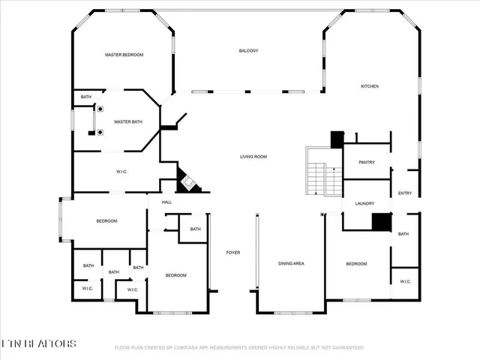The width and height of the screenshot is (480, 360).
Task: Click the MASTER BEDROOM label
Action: tap(124, 55)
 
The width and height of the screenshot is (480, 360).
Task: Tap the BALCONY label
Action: tap(248, 50)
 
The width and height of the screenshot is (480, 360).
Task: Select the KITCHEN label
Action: tap(370, 86)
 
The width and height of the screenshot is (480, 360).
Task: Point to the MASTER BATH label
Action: tap(127, 121)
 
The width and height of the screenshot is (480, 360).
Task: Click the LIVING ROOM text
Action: tap(253, 157)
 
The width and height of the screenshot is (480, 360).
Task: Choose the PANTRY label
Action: tap(367, 162)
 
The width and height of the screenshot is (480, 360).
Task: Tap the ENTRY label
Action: tap(405, 193)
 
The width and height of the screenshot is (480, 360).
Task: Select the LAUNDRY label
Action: tap(364, 204)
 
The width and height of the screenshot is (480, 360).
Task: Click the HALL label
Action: tap(166, 202)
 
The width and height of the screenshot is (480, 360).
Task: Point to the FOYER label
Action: tap(233, 252)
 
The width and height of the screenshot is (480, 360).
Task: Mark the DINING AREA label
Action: tap(291, 263)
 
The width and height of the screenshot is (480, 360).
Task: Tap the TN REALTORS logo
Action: tap(38, 343)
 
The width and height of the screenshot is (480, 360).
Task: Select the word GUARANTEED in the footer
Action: tap(348, 348)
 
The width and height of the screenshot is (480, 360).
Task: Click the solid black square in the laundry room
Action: tap(382, 222)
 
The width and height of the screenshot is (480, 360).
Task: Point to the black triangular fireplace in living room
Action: tap(187, 181)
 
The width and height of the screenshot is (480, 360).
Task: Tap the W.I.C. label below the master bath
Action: tap(121, 172)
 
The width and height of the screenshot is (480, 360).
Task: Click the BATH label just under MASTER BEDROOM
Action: tap(86, 97)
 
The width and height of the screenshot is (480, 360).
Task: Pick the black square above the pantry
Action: tap(337, 139)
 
